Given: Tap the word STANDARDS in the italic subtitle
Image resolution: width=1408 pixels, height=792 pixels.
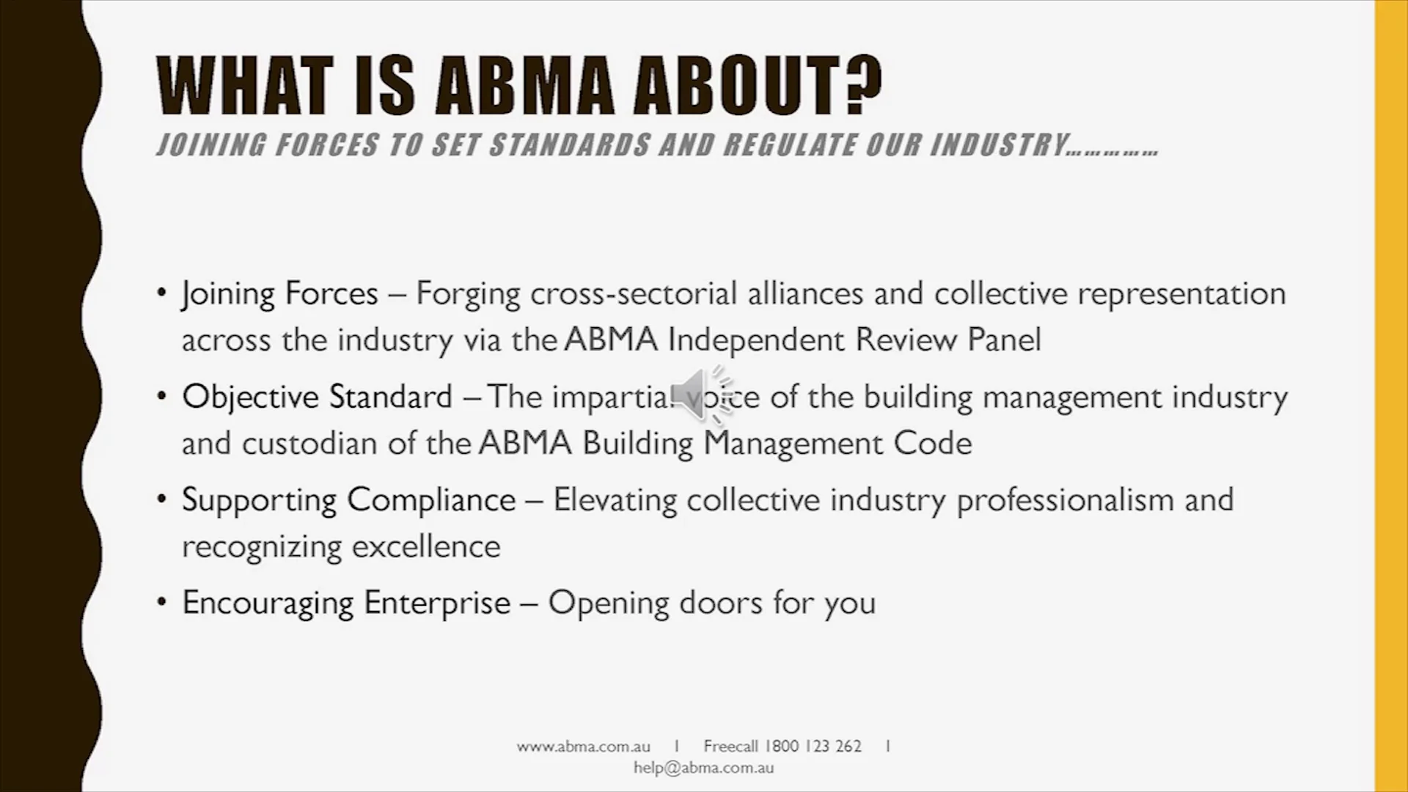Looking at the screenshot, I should [x=570, y=145].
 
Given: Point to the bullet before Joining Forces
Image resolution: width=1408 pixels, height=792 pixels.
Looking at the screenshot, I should [x=162, y=293].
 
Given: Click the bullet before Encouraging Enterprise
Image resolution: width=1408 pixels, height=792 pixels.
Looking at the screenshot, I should [x=162, y=603].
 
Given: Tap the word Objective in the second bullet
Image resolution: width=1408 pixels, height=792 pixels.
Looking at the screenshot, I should [x=250, y=397].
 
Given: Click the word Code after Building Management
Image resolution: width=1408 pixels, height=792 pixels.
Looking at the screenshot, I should [x=932, y=443].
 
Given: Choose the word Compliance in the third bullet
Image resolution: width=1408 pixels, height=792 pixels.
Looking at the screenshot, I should [x=431, y=500].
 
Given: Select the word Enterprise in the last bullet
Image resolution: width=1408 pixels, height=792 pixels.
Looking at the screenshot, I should [x=437, y=603].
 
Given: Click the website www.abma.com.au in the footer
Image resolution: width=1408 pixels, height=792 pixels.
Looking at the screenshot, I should [x=583, y=747].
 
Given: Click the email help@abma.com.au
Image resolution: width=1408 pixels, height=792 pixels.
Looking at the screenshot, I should [x=704, y=768].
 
